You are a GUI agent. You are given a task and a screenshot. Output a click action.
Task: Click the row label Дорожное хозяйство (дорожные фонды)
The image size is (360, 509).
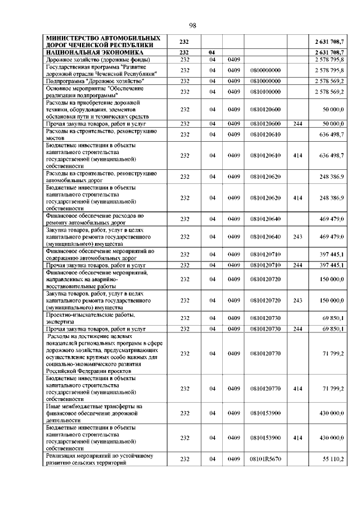[89, 59]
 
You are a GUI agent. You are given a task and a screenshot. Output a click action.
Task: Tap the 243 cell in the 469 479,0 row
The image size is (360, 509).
[298, 237]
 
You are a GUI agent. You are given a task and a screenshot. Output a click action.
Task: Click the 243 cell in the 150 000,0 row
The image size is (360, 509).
[298, 300]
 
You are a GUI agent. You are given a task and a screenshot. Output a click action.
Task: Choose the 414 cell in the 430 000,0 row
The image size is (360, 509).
[298, 437]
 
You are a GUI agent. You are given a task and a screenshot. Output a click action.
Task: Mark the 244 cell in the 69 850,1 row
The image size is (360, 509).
[298, 328]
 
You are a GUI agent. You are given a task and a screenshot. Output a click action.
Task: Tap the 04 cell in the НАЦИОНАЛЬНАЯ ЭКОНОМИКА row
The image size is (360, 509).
[212, 52]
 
